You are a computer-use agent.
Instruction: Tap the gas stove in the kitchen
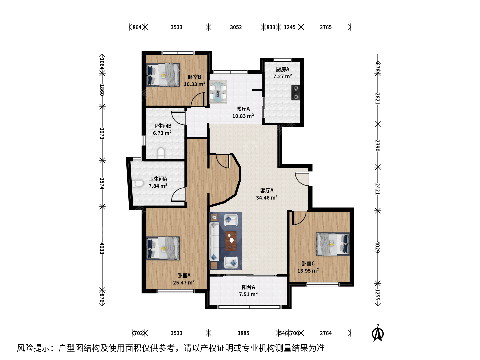[x=296, y=92]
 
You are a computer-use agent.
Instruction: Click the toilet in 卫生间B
[x=161, y=153]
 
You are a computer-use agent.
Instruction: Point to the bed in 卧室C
[x=333, y=244]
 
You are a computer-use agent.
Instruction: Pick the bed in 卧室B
[x=163, y=75]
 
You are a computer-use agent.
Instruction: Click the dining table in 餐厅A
[x=218, y=92]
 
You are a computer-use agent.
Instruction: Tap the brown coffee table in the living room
[x=231, y=241]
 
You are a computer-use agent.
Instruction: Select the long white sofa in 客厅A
[x=214, y=242]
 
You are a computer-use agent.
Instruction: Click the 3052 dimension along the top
[x=236, y=27]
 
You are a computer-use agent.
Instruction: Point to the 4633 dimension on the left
[x=102, y=248]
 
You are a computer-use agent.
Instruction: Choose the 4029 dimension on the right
[x=377, y=247]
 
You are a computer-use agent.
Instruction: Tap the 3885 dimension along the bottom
[x=243, y=333]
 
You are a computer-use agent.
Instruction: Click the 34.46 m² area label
[x=267, y=198]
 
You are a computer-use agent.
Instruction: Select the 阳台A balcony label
[x=248, y=287]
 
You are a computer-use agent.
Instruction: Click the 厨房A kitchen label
[x=283, y=69]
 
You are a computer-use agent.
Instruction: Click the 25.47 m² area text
[x=184, y=282]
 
